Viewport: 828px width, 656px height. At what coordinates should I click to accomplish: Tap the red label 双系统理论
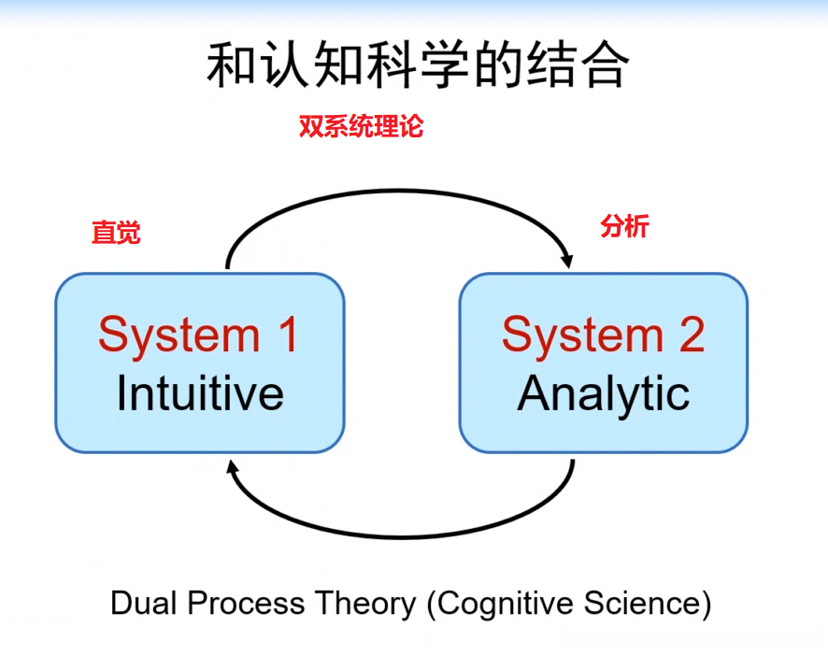click(x=361, y=127)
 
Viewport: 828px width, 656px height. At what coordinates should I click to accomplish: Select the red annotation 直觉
click(x=116, y=233)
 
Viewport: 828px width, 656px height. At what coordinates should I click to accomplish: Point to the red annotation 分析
click(x=624, y=226)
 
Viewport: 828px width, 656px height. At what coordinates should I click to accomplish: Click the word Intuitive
click(x=200, y=393)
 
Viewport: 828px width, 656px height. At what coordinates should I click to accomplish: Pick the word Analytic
click(x=604, y=393)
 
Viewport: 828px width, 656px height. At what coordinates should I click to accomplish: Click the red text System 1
click(x=198, y=335)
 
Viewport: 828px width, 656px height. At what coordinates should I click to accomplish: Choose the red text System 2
click(x=603, y=335)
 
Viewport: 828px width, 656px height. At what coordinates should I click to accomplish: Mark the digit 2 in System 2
click(x=692, y=335)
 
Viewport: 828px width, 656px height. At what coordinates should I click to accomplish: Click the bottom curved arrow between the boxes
click(x=402, y=535)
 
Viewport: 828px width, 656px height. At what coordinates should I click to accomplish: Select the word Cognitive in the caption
click(x=503, y=604)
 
